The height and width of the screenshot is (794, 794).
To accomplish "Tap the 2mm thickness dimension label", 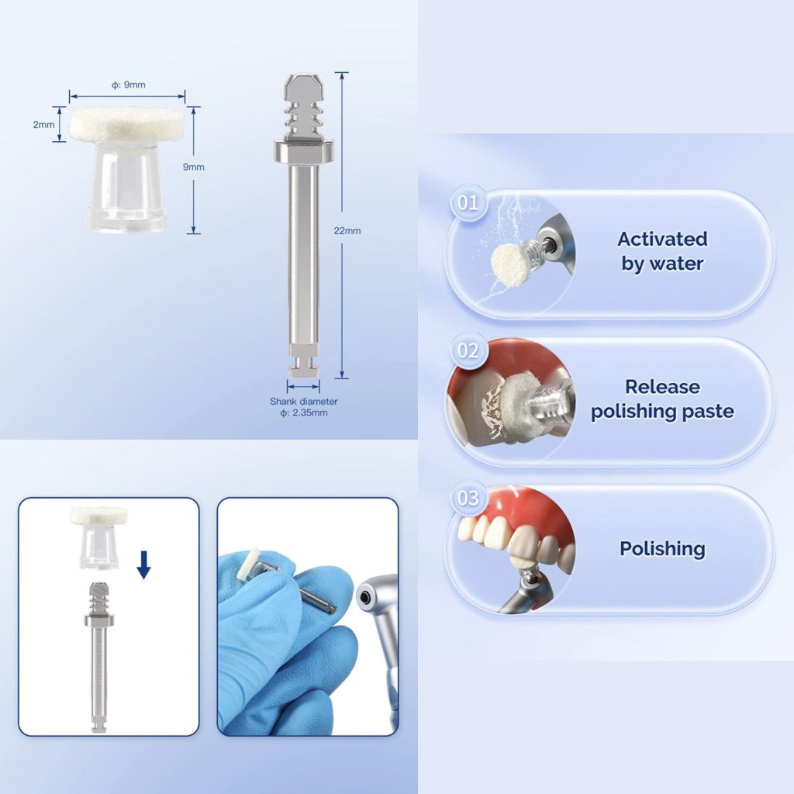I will point(43,124).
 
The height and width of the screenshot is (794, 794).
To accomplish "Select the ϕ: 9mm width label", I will point(128,84).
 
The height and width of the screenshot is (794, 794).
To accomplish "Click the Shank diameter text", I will point(303,402).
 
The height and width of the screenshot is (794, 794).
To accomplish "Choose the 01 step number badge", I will point(468,204).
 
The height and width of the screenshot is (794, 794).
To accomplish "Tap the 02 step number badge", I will point(468,350).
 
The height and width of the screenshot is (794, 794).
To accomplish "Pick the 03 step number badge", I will point(468,497).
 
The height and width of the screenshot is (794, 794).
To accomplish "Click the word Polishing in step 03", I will point(662,549).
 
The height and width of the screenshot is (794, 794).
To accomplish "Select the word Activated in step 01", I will point(662,238).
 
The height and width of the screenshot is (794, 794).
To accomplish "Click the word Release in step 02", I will point(662,386).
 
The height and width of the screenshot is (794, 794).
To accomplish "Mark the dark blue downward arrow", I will point(143,565).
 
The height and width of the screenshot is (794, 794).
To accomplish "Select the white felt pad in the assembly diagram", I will point(93,516).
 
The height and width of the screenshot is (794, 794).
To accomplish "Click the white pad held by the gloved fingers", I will point(252,564).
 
